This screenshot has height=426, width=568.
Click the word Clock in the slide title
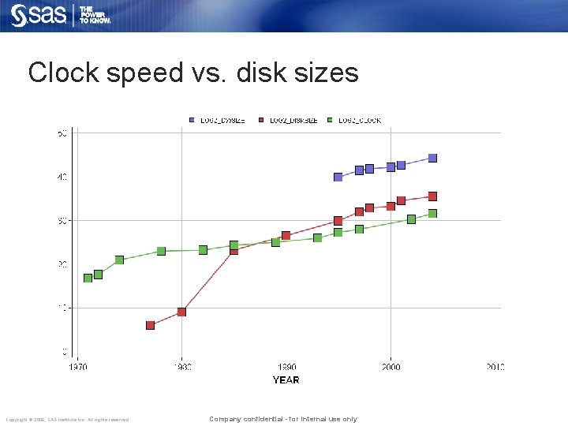[x=65, y=73]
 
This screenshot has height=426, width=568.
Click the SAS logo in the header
[x=38, y=16]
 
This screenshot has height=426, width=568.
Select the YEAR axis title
[x=286, y=380]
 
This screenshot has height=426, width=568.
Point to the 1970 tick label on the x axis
[x=77, y=367]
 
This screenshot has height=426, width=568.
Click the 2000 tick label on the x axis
[x=390, y=367]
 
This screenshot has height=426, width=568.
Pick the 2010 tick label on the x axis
[x=495, y=367]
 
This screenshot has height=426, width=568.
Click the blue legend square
[x=191, y=120]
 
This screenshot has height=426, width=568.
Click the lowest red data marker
[x=150, y=325]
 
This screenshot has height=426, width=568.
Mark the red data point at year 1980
[x=181, y=312]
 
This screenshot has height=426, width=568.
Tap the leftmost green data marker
[x=88, y=278]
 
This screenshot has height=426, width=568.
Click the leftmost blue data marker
[x=338, y=177]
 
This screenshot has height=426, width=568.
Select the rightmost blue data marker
[x=432, y=158]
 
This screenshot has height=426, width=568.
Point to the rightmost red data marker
[x=432, y=196]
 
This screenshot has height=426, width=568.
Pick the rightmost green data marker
[x=432, y=213]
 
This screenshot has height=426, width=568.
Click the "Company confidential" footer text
[x=282, y=419]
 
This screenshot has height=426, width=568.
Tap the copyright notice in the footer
[x=67, y=420]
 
